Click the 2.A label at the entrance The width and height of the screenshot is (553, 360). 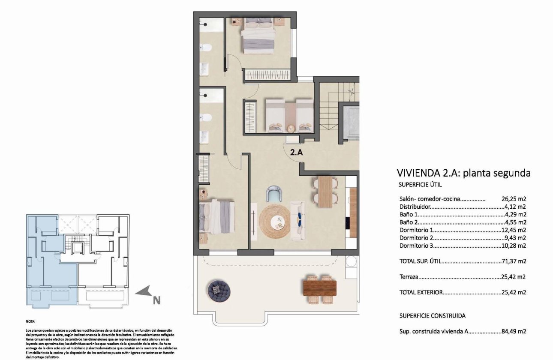coord(296,151)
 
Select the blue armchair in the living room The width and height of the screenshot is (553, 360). coord(274,194)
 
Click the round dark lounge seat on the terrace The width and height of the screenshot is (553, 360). coord(219,289)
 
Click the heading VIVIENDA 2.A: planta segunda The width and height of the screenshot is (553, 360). coord(464,173)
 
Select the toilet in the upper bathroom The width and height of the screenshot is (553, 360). coord(205,47)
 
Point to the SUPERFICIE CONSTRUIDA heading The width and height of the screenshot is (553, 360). coord(432,316)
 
